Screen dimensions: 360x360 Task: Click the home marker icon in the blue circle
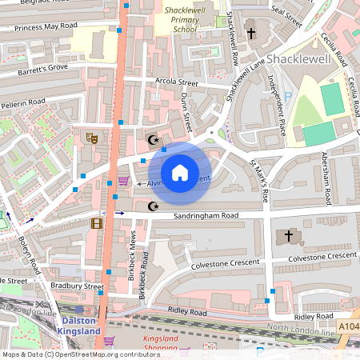180,172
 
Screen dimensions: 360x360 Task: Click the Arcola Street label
176,82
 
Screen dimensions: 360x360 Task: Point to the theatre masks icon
92,138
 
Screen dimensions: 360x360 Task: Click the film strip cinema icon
97,223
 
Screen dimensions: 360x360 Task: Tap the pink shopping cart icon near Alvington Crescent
123,182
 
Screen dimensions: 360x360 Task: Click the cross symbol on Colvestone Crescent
290,237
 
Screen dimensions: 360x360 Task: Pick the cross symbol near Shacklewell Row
250,34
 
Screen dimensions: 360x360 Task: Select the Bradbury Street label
77,286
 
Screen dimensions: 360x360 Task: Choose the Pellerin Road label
24,103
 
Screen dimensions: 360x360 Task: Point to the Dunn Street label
188,112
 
